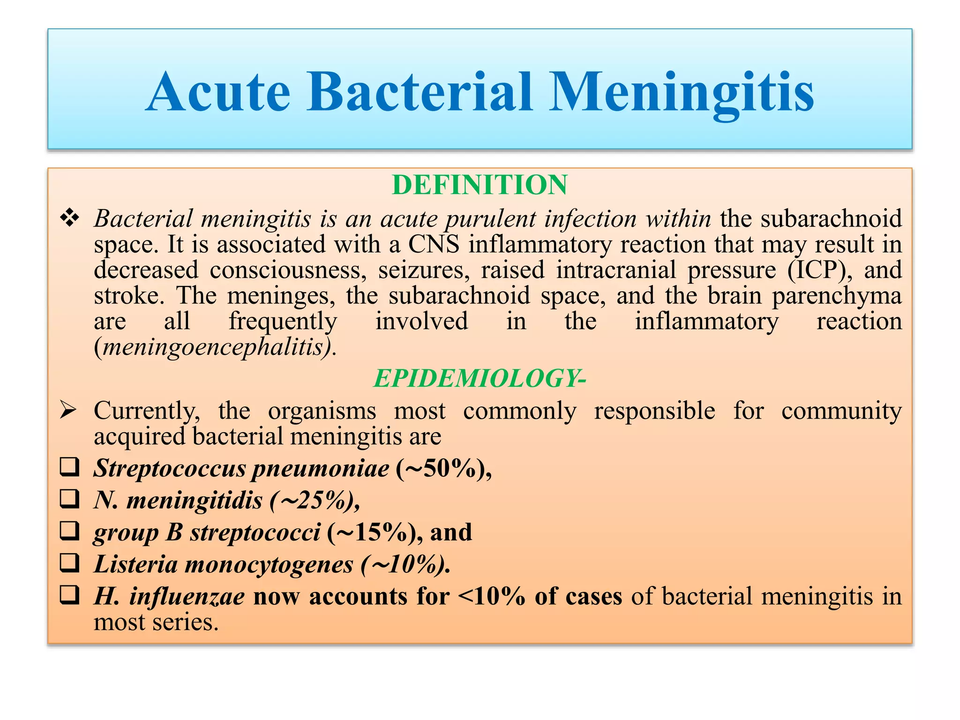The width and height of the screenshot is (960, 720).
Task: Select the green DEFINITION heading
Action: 480,185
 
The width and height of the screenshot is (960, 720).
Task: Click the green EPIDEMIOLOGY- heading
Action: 480,378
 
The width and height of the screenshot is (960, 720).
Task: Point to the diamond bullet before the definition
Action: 69,218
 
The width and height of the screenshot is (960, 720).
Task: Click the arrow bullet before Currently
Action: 68,411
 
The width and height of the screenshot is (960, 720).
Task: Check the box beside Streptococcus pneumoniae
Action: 69,467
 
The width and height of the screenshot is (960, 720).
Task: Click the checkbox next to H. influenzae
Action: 69,595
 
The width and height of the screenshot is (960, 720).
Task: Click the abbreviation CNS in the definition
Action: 434,245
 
